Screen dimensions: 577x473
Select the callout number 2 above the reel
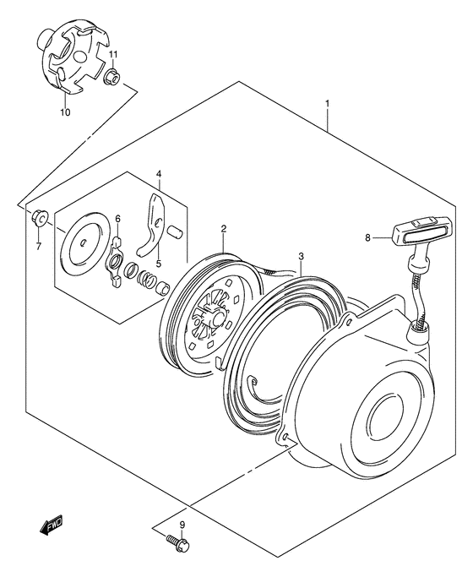(x=224, y=228)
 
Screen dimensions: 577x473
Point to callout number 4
(x=158, y=175)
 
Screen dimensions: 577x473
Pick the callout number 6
(x=117, y=220)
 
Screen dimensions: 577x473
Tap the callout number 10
(x=64, y=111)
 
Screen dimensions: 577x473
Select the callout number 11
(x=112, y=55)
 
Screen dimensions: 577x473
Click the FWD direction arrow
(x=52, y=547)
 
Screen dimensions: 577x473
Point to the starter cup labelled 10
(x=71, y=62)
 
